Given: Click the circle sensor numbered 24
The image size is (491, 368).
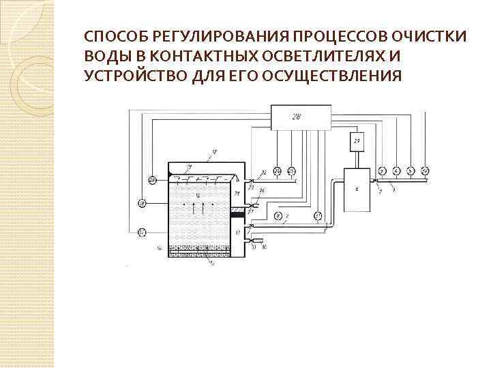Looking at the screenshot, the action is coord(277,170).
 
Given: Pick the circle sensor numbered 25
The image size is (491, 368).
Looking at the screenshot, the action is coord(291,170).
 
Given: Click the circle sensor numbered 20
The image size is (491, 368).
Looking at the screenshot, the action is coord(151,180).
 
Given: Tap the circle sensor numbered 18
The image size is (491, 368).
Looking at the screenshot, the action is coord(142,203).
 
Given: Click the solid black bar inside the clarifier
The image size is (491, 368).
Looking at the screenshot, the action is coord(237,215).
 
